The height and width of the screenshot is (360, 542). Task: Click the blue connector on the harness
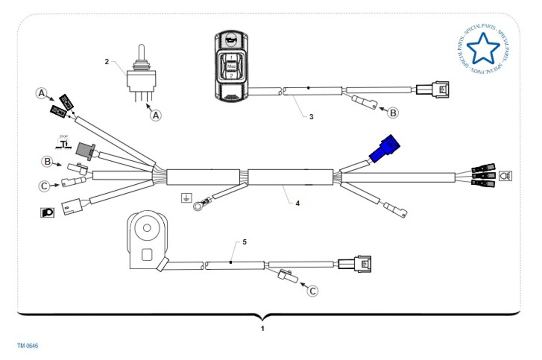(385, 149)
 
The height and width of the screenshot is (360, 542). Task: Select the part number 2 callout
(107, 61)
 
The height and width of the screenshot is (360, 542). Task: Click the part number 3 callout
(311, 117)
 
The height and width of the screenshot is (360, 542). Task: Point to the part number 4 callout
(297, 203)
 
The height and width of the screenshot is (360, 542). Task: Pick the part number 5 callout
(244, 242)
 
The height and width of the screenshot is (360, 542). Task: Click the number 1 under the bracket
(262, 328)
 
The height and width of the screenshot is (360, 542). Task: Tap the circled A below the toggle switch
(155, 115)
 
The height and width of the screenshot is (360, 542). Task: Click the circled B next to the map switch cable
(393, 112)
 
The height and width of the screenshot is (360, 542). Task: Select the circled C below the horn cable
(313, 291)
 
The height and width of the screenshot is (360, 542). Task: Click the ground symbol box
(186, 197)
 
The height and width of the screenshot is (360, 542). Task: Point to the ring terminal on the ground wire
(198, 206)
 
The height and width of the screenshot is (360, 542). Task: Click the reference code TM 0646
(28, 346)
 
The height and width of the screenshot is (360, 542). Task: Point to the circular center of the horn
(146, 227)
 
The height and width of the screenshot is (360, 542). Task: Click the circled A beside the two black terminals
(42, 94)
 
